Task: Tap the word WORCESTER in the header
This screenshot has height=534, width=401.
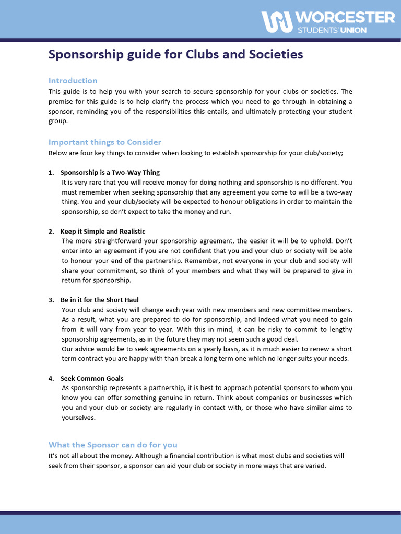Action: coord(346,18)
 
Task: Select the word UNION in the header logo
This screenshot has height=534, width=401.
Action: coord(353,30)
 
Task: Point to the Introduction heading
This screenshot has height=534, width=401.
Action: coord(73,80)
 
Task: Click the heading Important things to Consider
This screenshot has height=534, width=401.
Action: coord(104,142)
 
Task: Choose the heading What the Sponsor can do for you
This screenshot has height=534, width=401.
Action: coord(113,444)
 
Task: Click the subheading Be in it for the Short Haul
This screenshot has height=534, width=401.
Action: coord(99,300)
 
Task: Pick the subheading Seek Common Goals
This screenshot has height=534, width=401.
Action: coord(92,378)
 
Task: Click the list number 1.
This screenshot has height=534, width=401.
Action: coord(51,172)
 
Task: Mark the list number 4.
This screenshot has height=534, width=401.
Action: coord(51,378)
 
